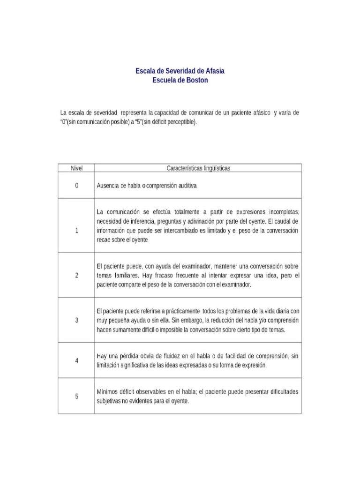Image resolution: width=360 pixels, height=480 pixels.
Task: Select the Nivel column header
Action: coord(76,167)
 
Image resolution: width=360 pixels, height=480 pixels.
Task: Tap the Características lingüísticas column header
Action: coord(198,167)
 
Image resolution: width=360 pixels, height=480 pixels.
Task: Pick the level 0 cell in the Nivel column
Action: coord(76,185)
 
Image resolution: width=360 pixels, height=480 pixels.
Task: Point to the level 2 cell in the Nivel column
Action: coord(76,275)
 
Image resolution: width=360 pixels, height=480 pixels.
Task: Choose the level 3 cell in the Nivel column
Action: coord(76,320)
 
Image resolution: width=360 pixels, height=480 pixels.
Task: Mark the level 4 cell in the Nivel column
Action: coord(76,360)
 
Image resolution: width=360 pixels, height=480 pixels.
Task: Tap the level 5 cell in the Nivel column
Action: coord(76,396)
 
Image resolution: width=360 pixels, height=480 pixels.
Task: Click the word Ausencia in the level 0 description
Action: coord(107,185)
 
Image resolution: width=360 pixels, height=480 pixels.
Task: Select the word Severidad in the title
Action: coord(176,71)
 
